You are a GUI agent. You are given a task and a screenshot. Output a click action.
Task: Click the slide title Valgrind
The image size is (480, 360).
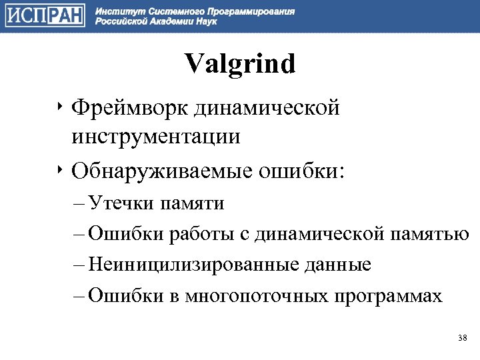[x=239, y=65]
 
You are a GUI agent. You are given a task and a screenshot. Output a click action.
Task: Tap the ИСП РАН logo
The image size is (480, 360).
[x=45, y=15]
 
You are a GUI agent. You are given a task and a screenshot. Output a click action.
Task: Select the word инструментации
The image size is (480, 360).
[x=157, y=137]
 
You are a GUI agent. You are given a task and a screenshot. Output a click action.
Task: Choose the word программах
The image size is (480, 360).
[x=386, y=295]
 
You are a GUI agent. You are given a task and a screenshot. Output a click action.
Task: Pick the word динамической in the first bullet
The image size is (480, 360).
[x=273, y=107]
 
